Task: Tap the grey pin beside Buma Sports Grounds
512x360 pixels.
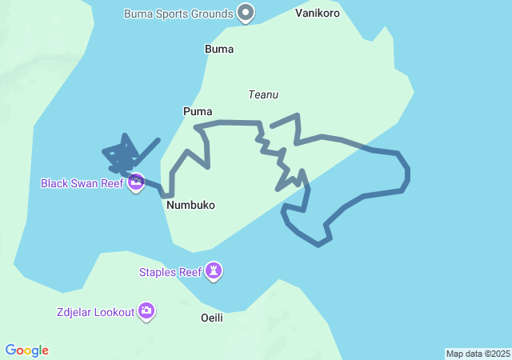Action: pyautogui.click(x=246, y=13)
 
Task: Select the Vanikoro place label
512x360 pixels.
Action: pyautogui.click(x=318, y=13)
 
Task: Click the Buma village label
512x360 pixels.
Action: pyautogui.click(x=219, y=49)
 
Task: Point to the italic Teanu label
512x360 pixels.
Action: pyautogui.click(x=263, y=94)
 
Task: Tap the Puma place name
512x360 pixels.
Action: pyautogui.click(x=198, y=111)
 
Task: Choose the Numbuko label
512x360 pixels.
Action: pyautogui.click(x=190, y=205)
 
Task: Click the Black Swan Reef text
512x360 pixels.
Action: pyautogui.click(x=82, y=183)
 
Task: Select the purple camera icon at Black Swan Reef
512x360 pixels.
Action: pyautogui.click(x=137, y=182)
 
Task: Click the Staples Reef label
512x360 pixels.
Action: pyautogui.click(x=170, y=272)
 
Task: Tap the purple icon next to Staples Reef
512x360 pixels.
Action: pyautogui.click(x=214, y=271)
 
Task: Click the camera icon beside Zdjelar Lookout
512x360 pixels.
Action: pyautogui.click(x=146, y=311)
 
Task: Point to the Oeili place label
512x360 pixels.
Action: pyautogui.click(x=211, y=318)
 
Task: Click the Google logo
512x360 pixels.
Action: pyautogui.click(x=27, y=350)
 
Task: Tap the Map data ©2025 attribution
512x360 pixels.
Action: pyautogui.click(x=478, y=354)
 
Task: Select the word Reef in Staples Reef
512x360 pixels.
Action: pyautogui.click(x=190, y=272)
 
